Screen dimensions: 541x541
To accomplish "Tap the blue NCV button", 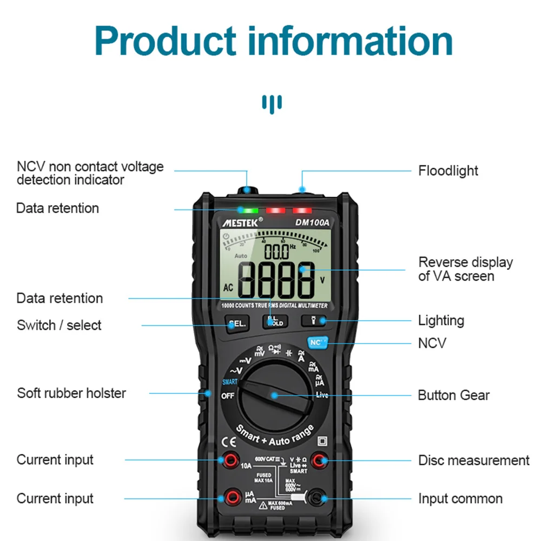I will [x=315, y=342].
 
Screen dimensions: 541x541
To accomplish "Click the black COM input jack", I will [x=316, y=498].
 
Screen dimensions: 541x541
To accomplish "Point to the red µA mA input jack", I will [x=234, y=497].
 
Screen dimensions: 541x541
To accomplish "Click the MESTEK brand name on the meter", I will [x=241, y=221].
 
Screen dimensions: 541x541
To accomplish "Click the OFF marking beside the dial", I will [x=228, y=395].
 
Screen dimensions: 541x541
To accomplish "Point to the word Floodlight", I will [x=448, y=171].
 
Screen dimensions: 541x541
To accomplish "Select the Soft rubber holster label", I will [x=71, y=393].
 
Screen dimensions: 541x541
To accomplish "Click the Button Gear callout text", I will [x=453, y=395].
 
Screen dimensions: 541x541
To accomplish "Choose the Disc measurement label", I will [x=474, y=460].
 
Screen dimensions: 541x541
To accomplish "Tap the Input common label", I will [x=460, y=498].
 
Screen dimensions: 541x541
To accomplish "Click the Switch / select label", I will [x=59, y=325].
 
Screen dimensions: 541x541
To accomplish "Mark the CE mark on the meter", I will [x=228, y=440].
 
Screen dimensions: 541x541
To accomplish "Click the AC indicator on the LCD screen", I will [x=228, y=288].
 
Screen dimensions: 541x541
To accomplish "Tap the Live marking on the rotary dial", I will [x=322, y=395].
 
